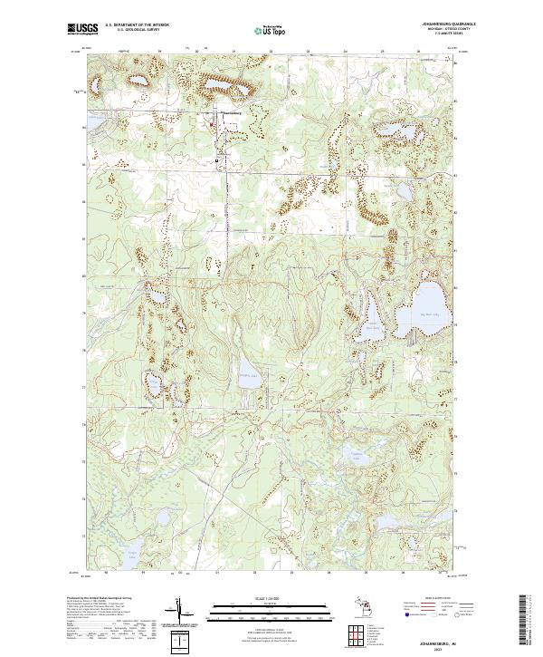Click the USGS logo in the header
[82, 29]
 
